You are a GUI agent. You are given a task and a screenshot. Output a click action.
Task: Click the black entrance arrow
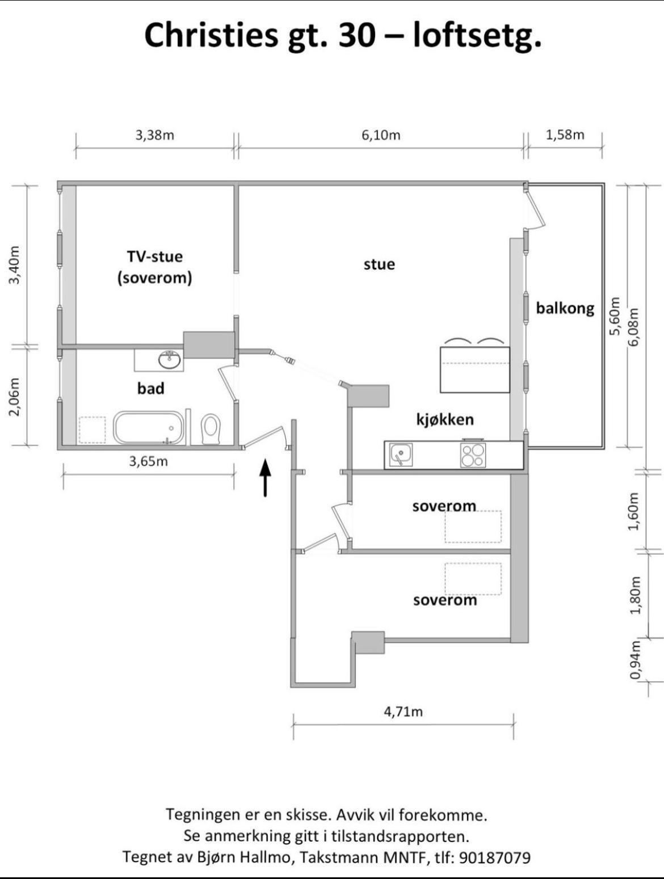click(265, 478)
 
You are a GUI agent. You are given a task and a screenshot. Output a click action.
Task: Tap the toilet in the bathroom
click(211, 429)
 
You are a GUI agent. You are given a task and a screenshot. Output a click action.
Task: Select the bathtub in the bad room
click(149, 427)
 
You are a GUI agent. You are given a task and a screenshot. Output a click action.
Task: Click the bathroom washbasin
click(170, 360)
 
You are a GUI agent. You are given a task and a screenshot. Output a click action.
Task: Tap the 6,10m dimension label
click(381, 136)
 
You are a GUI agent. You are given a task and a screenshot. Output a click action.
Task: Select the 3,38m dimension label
click(154, 136)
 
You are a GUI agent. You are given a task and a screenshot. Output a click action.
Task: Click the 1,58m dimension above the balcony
click(565, 134)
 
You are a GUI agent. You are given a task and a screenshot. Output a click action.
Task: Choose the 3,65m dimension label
click(148, 461)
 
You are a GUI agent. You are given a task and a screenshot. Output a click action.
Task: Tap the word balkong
click(565, 308)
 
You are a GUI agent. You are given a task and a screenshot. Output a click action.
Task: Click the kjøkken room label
click(445, 419)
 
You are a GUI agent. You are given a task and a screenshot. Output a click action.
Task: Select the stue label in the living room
click(379, 264)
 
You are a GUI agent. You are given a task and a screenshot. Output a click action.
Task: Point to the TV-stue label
click(154, 256)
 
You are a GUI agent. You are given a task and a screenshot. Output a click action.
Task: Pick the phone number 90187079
click(495, 857)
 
